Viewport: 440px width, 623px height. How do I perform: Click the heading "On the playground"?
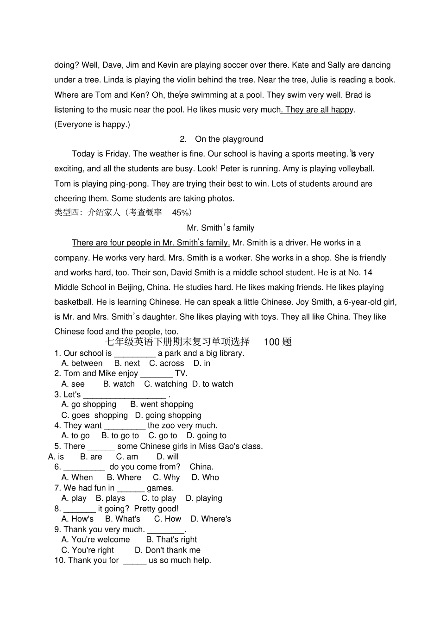[x=229, y=139]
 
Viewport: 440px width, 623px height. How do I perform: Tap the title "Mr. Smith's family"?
[x=220, y=228]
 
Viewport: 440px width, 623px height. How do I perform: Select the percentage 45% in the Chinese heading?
[x=181, y=213]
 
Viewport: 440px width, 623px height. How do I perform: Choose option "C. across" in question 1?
[x=166, y=364]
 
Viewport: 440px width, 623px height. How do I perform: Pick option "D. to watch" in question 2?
[x=213, y=384]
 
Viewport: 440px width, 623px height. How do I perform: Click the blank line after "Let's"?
[x=125, y=395]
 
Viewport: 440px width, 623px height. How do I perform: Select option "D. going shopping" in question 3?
[x=168, y=415]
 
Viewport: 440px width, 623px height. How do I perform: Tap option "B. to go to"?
[x=120, y=436]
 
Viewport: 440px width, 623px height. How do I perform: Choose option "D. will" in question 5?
[x=167, y=457]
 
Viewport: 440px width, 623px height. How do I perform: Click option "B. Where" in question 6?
[x=124, y=478]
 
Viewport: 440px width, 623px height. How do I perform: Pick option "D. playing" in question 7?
[x=204, y=498]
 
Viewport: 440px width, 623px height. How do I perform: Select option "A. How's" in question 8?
[x=77, y=519]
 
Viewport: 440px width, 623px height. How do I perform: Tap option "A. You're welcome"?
[x=95, y=540]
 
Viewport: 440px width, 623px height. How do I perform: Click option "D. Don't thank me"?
[x=167, y=550]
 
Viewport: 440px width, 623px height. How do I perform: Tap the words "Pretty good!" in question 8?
[x=156, y=509]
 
